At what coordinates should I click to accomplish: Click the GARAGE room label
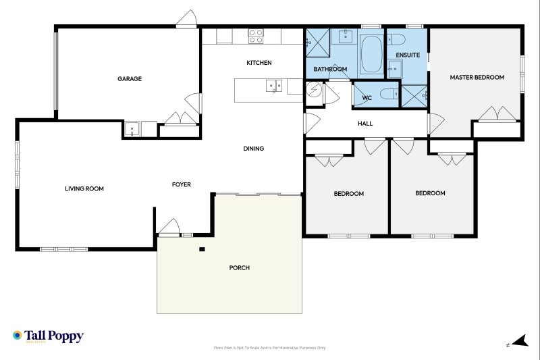coord(130,79)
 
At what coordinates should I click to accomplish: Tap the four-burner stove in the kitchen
coord(255,36)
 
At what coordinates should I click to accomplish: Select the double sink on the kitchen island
coord(273,85)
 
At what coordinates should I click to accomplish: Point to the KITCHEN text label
coord(259,63)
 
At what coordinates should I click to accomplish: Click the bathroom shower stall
coord(317,43)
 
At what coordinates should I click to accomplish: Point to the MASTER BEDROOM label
coord(477,78)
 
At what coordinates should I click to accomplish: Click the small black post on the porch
coord(202,250)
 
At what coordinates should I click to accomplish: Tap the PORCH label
coord(240,268)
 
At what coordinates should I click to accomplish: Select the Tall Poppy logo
coord(48,336)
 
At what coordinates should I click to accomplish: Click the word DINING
coord(253,149)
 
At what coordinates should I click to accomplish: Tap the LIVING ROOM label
coord(84,189)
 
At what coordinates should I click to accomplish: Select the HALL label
coord(364,124)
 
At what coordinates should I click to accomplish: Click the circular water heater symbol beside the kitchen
coord(313,92)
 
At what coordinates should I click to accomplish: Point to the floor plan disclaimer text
coord(269,348)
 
